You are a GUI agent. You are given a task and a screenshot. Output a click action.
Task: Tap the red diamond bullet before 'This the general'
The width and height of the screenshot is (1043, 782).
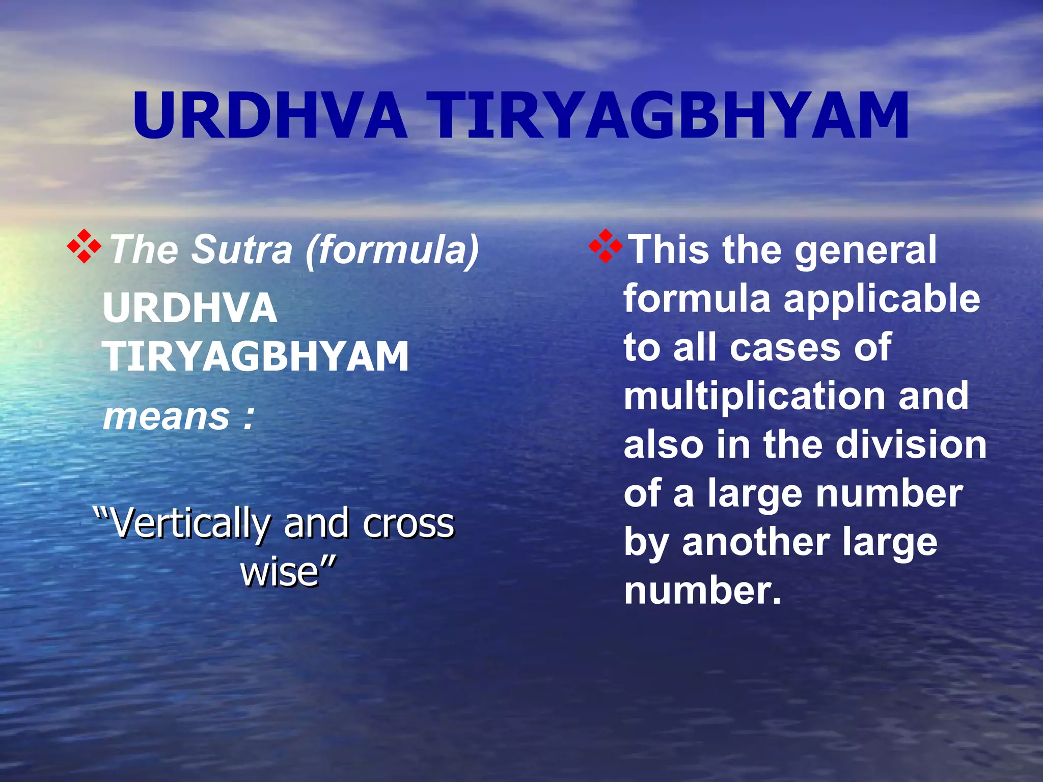(606, 246)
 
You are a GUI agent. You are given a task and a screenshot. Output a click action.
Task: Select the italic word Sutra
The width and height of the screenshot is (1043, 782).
(241, 249)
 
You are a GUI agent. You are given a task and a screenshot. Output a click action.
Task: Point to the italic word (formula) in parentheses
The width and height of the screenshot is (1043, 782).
(392, 249)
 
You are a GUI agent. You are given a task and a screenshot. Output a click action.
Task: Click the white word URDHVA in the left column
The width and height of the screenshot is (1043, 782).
(190, 308)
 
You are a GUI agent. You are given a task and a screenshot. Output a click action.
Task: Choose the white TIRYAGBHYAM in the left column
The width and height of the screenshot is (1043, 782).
(256, 356)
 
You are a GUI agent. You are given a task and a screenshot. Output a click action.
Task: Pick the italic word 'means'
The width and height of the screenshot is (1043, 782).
(167, 416)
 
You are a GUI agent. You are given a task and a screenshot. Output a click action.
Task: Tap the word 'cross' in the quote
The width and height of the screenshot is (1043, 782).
(408, 523)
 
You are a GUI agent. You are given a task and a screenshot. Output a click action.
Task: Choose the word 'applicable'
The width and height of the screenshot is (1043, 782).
(882, 299)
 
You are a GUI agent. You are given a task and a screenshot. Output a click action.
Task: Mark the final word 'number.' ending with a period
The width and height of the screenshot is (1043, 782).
(702, 591)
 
